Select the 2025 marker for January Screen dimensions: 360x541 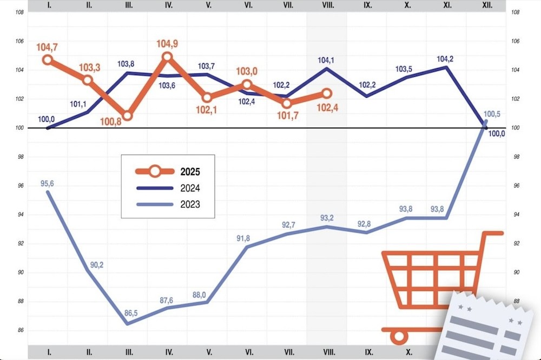(x=48, y=60)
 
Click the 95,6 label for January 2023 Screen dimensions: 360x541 (x=48, y=184)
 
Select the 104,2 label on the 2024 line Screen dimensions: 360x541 (x=446, y=59)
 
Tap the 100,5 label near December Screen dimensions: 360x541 (x=491, y=115)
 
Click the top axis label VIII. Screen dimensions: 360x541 (x=327, y=5)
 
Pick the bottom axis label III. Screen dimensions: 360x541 (x=129, y=352)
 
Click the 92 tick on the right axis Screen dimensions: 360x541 (x=516, y=243)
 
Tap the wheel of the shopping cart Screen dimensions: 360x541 (x=399, y=336)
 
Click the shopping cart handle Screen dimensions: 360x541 (x=492, y=233)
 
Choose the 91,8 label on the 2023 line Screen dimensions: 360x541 (x=246, y=238)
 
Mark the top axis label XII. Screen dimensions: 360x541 (x=487, y=5)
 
